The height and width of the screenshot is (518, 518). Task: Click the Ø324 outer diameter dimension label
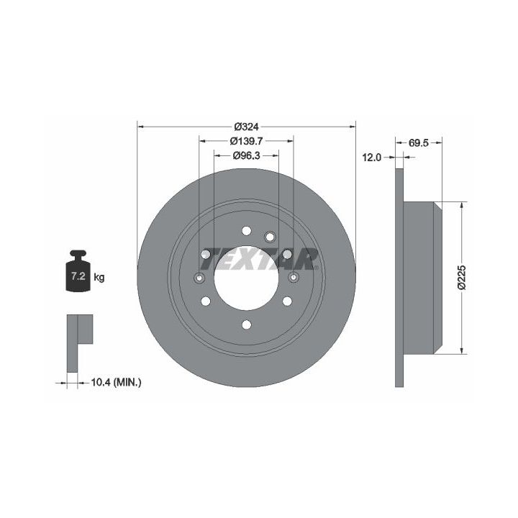pos(246,127)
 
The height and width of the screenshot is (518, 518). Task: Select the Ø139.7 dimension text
pos(246,141)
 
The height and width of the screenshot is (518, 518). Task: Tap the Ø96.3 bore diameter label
pos(246,155)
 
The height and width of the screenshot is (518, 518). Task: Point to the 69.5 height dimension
pos(419,143)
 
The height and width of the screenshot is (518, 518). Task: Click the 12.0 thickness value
pos(372,158)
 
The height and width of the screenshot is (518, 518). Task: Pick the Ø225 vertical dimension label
pos(461,277)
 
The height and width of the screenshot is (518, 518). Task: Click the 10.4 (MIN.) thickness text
pos(116,383)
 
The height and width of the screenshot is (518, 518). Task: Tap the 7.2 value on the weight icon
pos(78,276)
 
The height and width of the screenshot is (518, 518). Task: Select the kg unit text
pos(99,277)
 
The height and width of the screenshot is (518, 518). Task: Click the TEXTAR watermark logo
pos(259,259)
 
